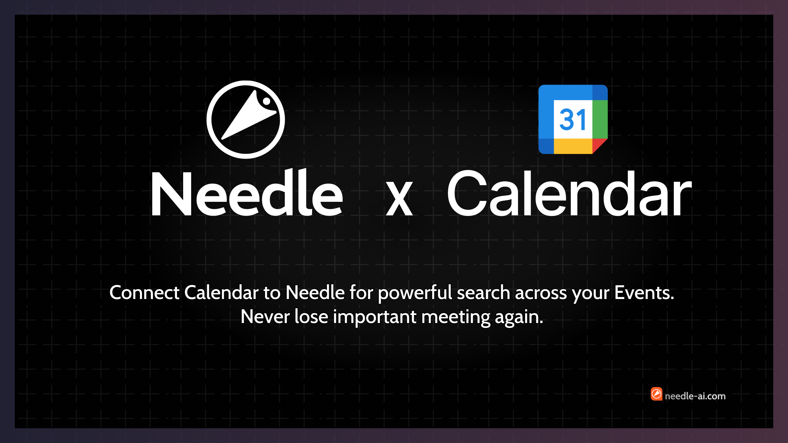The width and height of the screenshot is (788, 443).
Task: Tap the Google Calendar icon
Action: click(x=573, y=119)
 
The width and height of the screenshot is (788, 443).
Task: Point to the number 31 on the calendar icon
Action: click(x=573, y=119)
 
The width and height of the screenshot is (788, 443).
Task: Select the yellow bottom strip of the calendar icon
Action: click(x=573, y=146)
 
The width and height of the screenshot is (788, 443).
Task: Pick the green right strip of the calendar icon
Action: click(x=600, y=119)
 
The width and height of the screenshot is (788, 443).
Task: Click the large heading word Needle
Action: click(x=247, y=193)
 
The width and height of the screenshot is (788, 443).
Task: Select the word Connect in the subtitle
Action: click(x=144, y=292)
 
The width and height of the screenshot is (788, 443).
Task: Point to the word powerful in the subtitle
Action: click(x=415, y=293)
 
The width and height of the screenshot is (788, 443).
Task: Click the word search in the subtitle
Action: click(x=484, y=292)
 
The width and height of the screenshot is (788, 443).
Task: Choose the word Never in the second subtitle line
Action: click(x=265, y=317)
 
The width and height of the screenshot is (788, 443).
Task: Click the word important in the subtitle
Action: click(x=375, y=317)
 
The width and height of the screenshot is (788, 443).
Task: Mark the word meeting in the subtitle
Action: click(x=456, y=317)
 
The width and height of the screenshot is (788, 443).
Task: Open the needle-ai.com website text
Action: click(x=695, y=396)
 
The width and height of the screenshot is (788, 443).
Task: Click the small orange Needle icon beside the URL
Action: click(x=656, y=394)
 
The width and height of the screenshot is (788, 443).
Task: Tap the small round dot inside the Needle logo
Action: click(x=267, y=101)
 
